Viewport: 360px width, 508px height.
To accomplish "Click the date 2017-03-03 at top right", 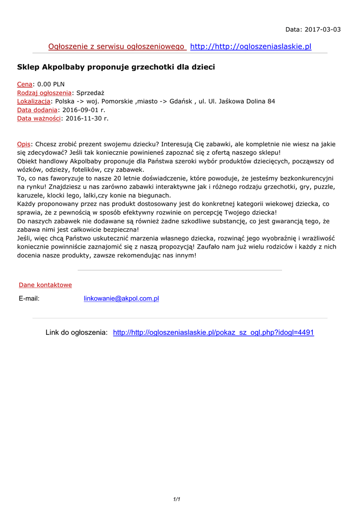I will (323, 29).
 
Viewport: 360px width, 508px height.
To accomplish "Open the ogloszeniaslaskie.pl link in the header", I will (251, 47).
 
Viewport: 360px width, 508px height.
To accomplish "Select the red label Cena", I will (25, 84).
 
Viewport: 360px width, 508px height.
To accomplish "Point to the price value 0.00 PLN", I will (51, 84).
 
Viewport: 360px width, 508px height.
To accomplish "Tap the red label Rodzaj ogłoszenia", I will (44, 93).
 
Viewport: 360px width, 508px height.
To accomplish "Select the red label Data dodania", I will (37, 110).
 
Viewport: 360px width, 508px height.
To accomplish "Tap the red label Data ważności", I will (39, 119).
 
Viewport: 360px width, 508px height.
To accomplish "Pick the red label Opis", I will (24, 144).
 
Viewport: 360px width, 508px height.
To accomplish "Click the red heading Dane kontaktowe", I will (45, 285).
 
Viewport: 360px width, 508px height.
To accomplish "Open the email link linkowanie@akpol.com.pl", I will (121, 299).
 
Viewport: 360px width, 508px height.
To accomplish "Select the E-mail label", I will (29, 299).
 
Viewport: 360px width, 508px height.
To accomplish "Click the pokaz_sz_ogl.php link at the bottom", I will (214, 332).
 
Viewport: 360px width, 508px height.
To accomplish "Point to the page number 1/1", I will (176, 499).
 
